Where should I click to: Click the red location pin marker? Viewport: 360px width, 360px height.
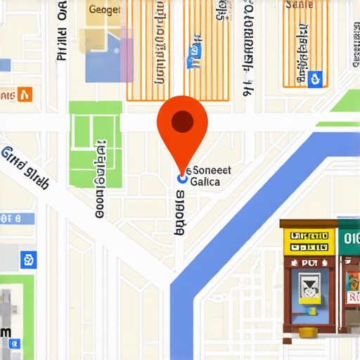[x=182, y=130]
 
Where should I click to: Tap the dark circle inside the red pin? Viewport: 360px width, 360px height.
[x=182, y=122]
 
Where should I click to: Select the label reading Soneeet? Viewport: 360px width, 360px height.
[x=212, y=170]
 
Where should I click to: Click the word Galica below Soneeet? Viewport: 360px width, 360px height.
[x=205, y=181]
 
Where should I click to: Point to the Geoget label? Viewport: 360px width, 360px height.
[x=105, y=10]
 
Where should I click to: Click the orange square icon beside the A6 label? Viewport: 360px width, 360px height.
[x=25, y=94]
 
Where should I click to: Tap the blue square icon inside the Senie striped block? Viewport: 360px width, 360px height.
[x=315, y=78]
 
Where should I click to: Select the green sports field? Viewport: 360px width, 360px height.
[x=96, y=143]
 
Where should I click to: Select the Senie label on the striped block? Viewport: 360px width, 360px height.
[x=299, y=5]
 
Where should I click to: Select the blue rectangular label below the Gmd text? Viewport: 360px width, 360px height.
[x=17, y=217]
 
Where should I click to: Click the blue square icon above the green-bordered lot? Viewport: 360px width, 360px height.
[x=29, y=261]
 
